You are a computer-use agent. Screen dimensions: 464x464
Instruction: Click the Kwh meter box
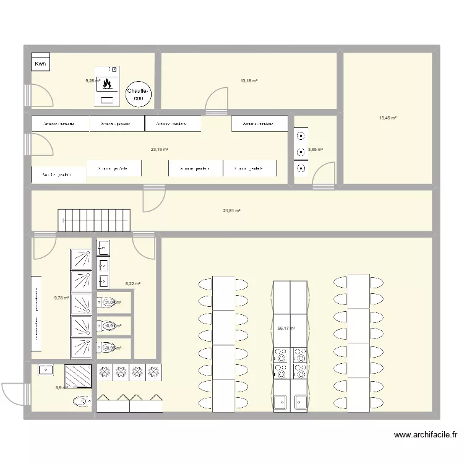40,63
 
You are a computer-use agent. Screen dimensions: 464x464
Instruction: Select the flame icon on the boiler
107,83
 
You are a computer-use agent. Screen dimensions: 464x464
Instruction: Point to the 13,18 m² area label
249,80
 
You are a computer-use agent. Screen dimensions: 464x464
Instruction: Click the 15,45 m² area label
388,118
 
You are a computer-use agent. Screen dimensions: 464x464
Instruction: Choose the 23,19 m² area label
160,149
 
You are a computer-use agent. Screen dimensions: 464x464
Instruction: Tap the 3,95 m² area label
316,149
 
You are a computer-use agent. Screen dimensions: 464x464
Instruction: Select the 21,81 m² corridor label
231,211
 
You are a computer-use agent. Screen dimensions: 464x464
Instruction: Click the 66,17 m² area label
286,329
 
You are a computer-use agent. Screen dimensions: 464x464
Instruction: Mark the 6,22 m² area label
133,284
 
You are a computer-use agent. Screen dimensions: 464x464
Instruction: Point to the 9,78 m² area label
62,298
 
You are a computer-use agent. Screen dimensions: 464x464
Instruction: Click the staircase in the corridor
95,220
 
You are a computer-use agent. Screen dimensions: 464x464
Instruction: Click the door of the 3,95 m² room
324,176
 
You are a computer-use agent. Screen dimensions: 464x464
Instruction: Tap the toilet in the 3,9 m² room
81,402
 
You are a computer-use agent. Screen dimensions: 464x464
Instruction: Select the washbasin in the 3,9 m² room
45,370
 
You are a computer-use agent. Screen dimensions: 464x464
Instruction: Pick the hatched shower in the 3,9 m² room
79,376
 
